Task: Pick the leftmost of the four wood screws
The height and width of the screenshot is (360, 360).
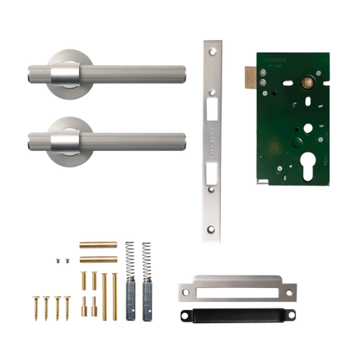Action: tap(35, 306)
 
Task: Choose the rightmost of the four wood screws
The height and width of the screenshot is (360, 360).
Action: tap(67, 306)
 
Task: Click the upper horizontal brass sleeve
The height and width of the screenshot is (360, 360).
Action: tap(89, 244)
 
